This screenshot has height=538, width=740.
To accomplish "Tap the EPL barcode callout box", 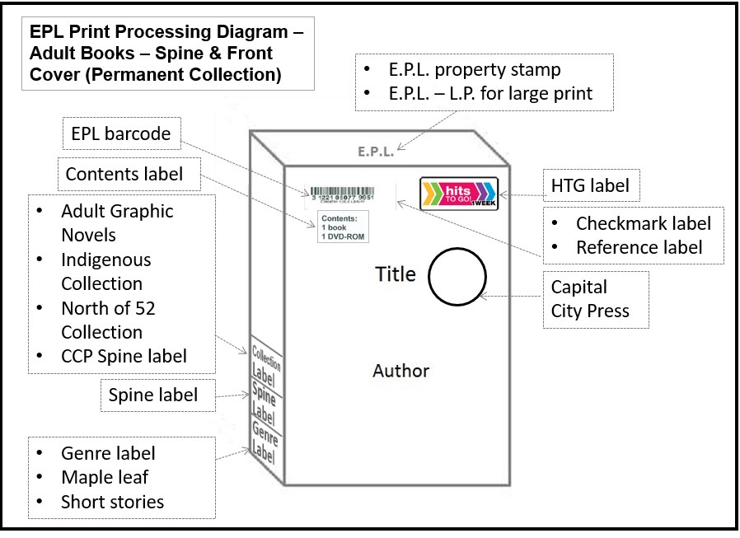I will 119,133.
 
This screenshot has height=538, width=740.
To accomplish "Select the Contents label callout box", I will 124,174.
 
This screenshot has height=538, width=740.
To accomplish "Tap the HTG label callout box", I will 590,186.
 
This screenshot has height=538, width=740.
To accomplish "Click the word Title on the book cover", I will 396,274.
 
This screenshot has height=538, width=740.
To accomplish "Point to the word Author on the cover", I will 400,370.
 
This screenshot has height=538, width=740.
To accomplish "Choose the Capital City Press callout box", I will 590,299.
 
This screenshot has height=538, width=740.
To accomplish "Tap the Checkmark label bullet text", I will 643,223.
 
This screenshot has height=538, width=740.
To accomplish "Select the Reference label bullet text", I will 639,247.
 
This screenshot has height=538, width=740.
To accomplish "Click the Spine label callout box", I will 154,395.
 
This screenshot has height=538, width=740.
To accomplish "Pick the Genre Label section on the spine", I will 265,439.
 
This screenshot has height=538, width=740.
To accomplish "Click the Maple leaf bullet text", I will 105,477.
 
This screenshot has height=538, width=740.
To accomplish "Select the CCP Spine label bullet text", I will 124,356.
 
